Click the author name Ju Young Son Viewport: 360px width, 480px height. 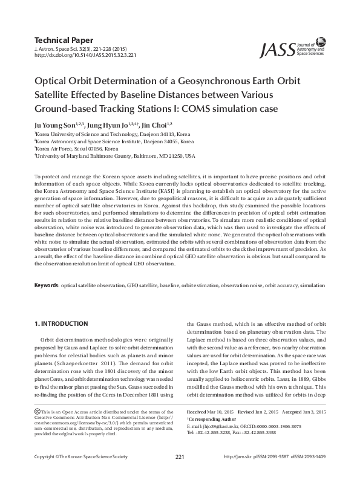pos(53,124)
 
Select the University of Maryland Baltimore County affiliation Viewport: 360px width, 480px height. pos(115,155)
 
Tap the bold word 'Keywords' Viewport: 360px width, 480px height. pos(46,284)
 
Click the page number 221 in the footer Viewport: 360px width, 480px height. pos(180,472)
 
